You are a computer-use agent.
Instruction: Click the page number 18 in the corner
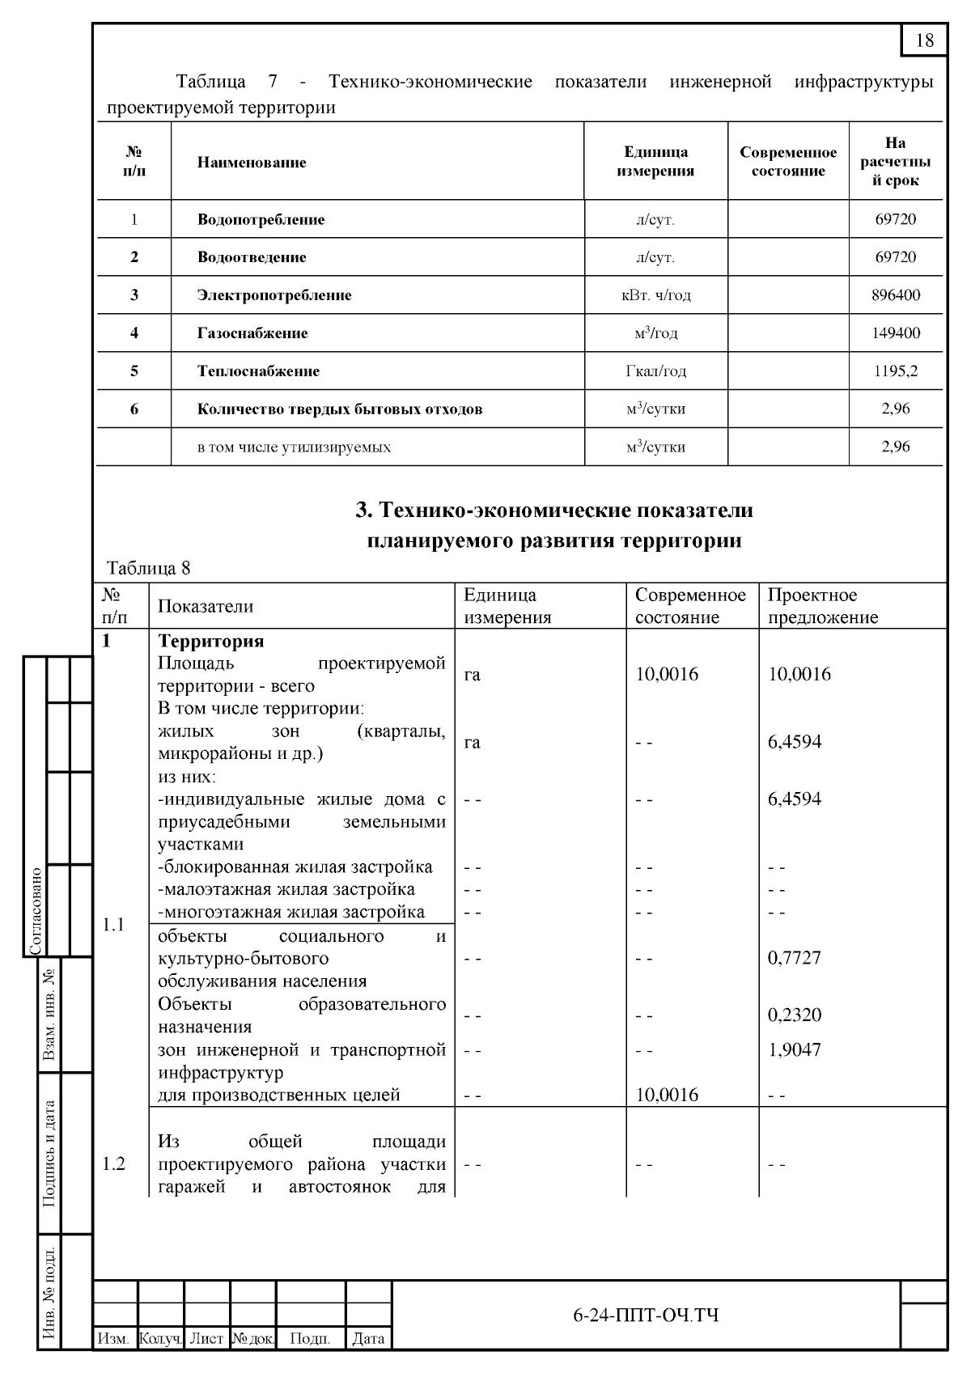point(924,40)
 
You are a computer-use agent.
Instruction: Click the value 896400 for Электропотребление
point(895,295)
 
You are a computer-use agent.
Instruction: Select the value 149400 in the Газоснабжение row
point(895,333)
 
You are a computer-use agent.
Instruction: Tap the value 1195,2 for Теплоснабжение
point(895,371)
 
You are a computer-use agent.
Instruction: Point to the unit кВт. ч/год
point(655,295)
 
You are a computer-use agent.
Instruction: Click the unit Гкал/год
point(655,371)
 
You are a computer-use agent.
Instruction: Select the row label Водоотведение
point(252,257)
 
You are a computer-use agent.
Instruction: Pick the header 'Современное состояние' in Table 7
point(788,162)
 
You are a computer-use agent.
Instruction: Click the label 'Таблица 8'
point(149,568)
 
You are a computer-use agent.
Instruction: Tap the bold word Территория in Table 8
point(210,642)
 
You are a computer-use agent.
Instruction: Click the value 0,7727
point(794,958)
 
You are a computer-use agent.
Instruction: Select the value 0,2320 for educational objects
point(794,1015)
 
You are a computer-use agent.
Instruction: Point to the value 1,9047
point(794,1050)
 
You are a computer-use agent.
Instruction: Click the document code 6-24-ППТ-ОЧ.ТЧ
point(645,1316)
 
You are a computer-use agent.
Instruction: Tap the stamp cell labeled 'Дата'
point(368,1339)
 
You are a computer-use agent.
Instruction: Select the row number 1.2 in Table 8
point(114,1164)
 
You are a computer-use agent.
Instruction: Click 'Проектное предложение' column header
point(822,606)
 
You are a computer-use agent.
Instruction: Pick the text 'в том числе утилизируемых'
point(294,447)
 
